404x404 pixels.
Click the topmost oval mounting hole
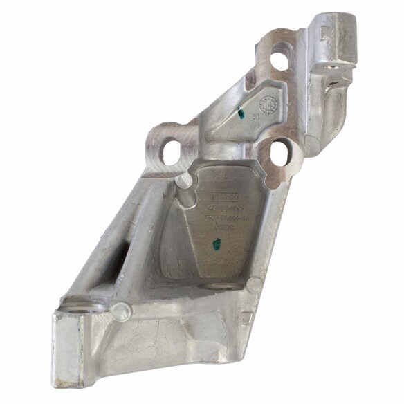[x=279, y=59]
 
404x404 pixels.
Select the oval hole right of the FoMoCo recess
[x=281, y=153]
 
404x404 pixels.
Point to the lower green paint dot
[x=214, y=243]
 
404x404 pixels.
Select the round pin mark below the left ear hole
[x=184, y=181]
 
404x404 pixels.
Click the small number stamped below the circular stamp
[x=256, y=118]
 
